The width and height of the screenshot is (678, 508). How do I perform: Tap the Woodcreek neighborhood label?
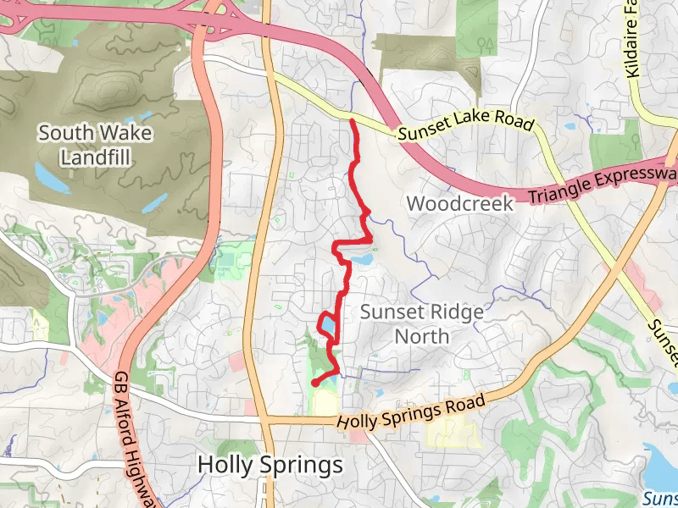point(460,204)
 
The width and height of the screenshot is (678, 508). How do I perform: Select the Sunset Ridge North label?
point(422,323)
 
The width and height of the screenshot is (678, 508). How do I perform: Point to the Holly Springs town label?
point(270,465)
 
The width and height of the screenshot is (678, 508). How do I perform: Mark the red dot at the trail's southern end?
point(314,384)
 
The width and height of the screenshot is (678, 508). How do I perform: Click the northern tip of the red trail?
point(352,121)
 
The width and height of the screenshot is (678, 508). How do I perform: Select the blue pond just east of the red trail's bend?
point(361,257)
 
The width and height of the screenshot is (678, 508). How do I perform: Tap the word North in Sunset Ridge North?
point(422,336)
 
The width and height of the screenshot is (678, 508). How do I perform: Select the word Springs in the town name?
point(303,465)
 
